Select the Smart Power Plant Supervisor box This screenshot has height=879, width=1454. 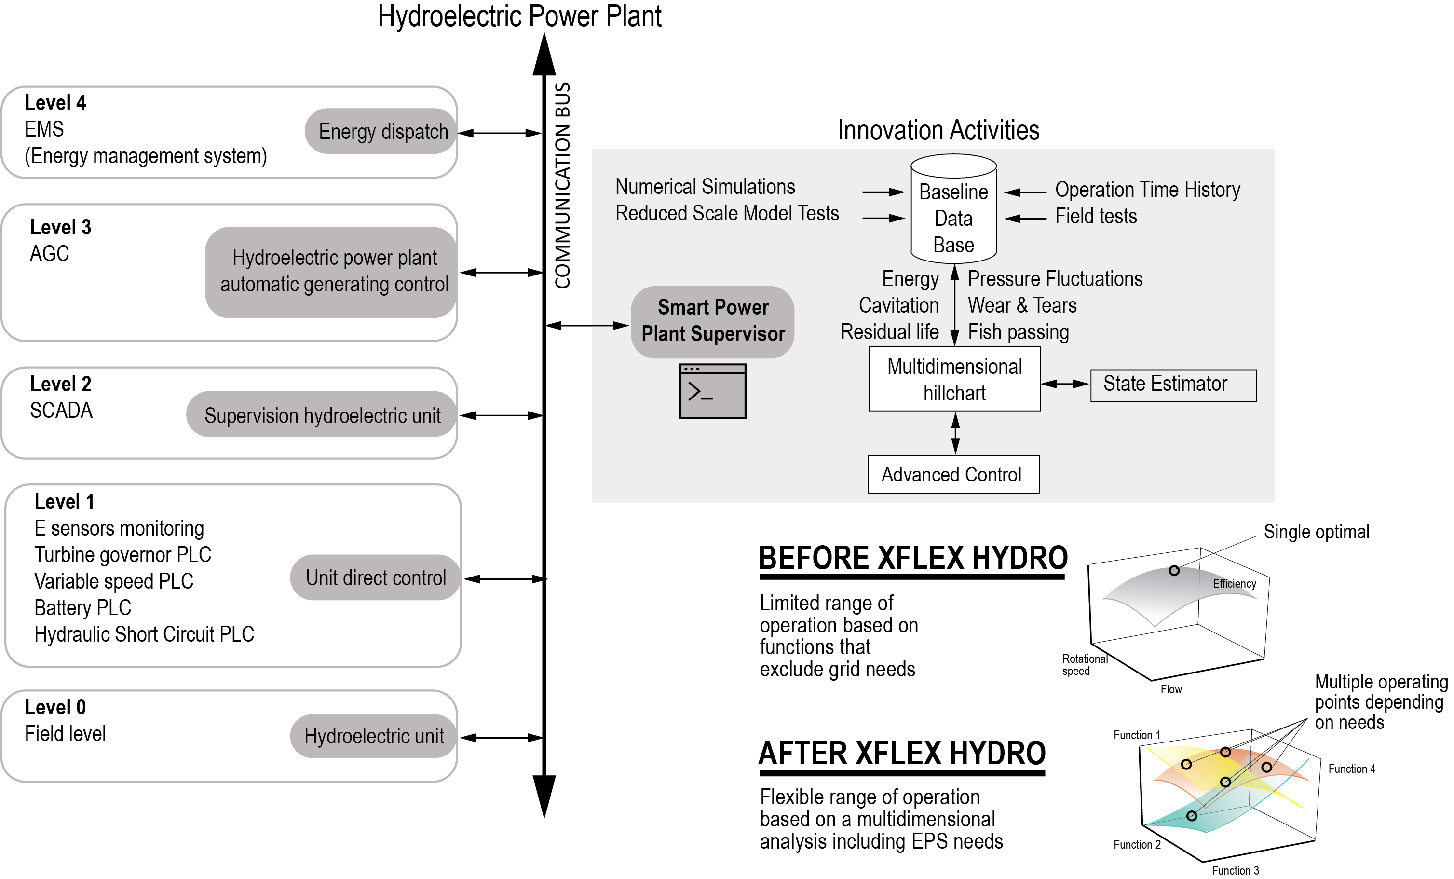click(712, 322)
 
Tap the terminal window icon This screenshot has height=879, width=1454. click(712, 391)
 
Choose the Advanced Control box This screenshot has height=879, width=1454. click(953, 474)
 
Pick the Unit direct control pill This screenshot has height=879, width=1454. click(375, 577)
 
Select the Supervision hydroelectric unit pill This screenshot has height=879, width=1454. click(322, 415)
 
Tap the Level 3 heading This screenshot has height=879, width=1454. click(61, 227)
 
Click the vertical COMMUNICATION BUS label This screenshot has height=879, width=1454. click(562, 185)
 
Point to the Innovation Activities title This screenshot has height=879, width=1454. click(938, 130)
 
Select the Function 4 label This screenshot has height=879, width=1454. click(1351, 769)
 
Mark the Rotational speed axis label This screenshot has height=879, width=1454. click(1084, 664)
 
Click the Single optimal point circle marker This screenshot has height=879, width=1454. click(1174, 570)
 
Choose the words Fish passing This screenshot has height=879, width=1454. click(1018, 332)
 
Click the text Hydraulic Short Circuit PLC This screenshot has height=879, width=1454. click(144, 634)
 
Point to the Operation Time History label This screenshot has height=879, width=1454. click(1147, 190)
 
